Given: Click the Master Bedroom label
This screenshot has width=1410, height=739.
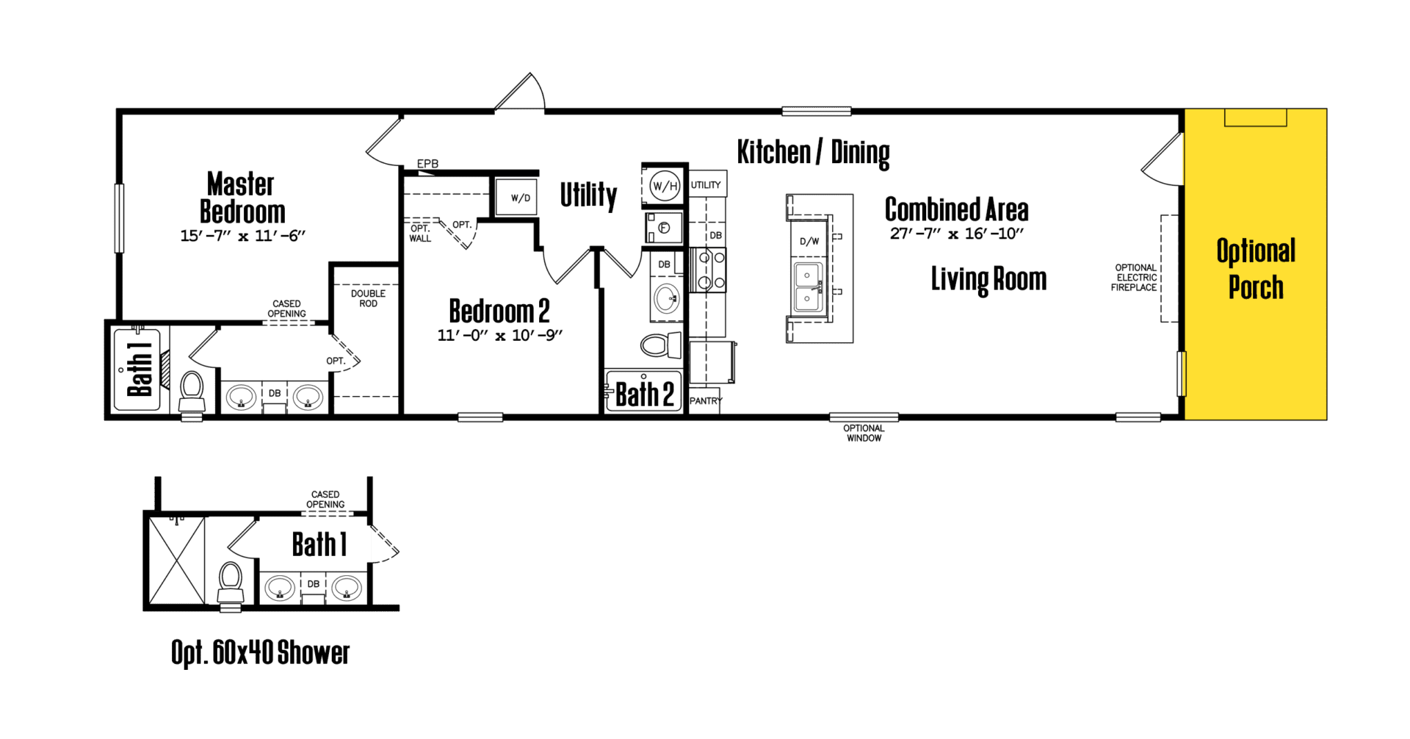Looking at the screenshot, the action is click(x=242, y=197).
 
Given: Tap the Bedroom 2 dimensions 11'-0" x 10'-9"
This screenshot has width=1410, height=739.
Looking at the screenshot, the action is click(x=500, y=335).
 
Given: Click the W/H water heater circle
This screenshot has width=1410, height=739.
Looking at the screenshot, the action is click(x=665, y=186).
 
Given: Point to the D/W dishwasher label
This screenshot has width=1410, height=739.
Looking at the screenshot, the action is click(x=809, y=241).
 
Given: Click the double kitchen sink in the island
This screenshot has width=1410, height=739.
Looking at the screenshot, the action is click(x=809, y=287).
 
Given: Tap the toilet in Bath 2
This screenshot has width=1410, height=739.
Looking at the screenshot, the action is click(x=661, y=345).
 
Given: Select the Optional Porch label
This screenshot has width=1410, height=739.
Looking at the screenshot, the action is click(x=1256, y=269).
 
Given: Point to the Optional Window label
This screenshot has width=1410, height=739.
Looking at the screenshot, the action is click(x=864, y=433).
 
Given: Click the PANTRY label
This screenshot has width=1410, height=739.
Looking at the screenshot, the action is click(x=706, y=401).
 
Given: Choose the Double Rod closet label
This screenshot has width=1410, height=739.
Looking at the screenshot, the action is click(x=368, y=298).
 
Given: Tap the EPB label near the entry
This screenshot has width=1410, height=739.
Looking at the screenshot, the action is click(x=427, y=164).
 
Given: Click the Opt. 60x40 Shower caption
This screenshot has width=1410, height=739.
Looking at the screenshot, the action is click(x=260, y=653).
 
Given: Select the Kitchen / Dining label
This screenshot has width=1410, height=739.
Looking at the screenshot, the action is click(x=813, y=153).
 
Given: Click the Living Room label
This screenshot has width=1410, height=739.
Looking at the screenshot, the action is click(x=988, y=280).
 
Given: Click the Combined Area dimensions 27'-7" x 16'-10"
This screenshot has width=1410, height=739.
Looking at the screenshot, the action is click(x=957, y=234).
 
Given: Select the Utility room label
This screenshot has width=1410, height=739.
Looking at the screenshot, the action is click(x=588, y=195).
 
